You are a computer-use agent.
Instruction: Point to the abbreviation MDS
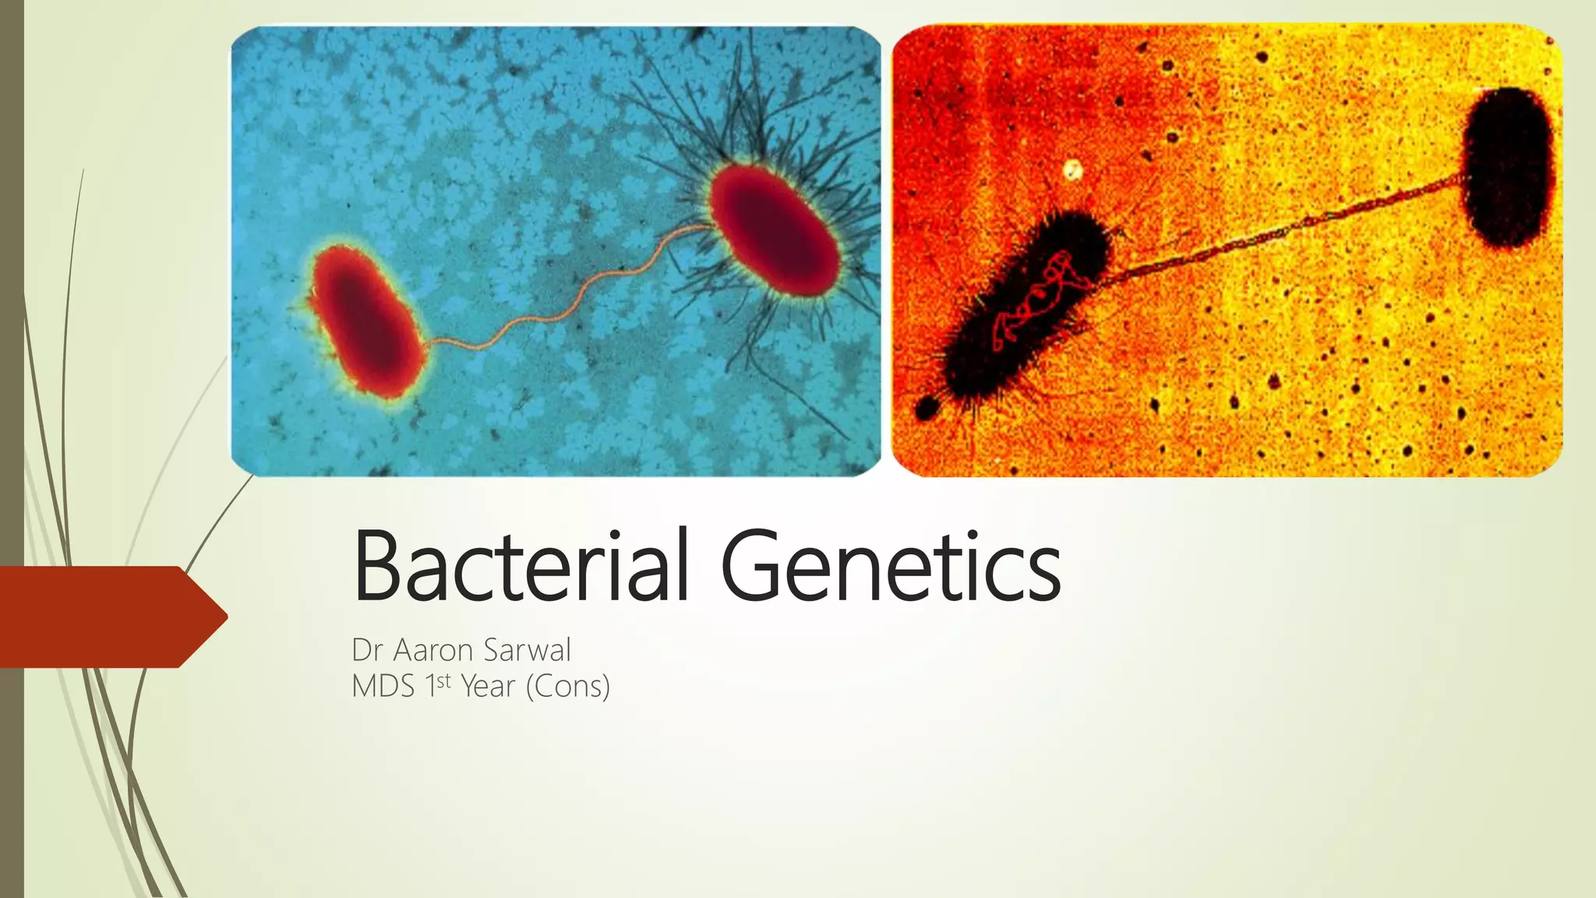(x=383, y=687)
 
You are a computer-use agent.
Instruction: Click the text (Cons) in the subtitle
(x=568, y=687)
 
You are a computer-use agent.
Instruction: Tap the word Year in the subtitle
(x=488, y=687)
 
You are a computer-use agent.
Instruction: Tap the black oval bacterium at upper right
(x=1507, y=167)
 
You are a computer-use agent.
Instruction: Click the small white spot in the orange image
(x=1074, y=169)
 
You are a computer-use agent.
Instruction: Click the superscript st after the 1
(x=443, y=681)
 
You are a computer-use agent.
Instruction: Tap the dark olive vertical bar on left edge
(x=12, y=449)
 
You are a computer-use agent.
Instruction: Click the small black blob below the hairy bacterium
(x=926, y=408)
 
